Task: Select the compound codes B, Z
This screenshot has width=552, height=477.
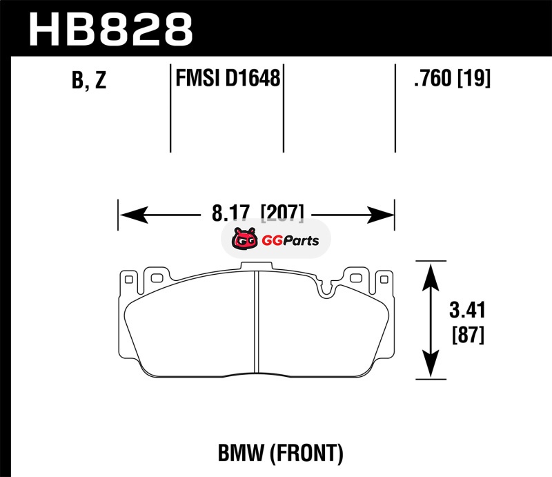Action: click(x=89, y=81)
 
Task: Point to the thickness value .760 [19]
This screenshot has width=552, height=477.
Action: click(x=451, y=79)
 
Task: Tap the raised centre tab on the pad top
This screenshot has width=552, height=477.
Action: click(x=256, y=266)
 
